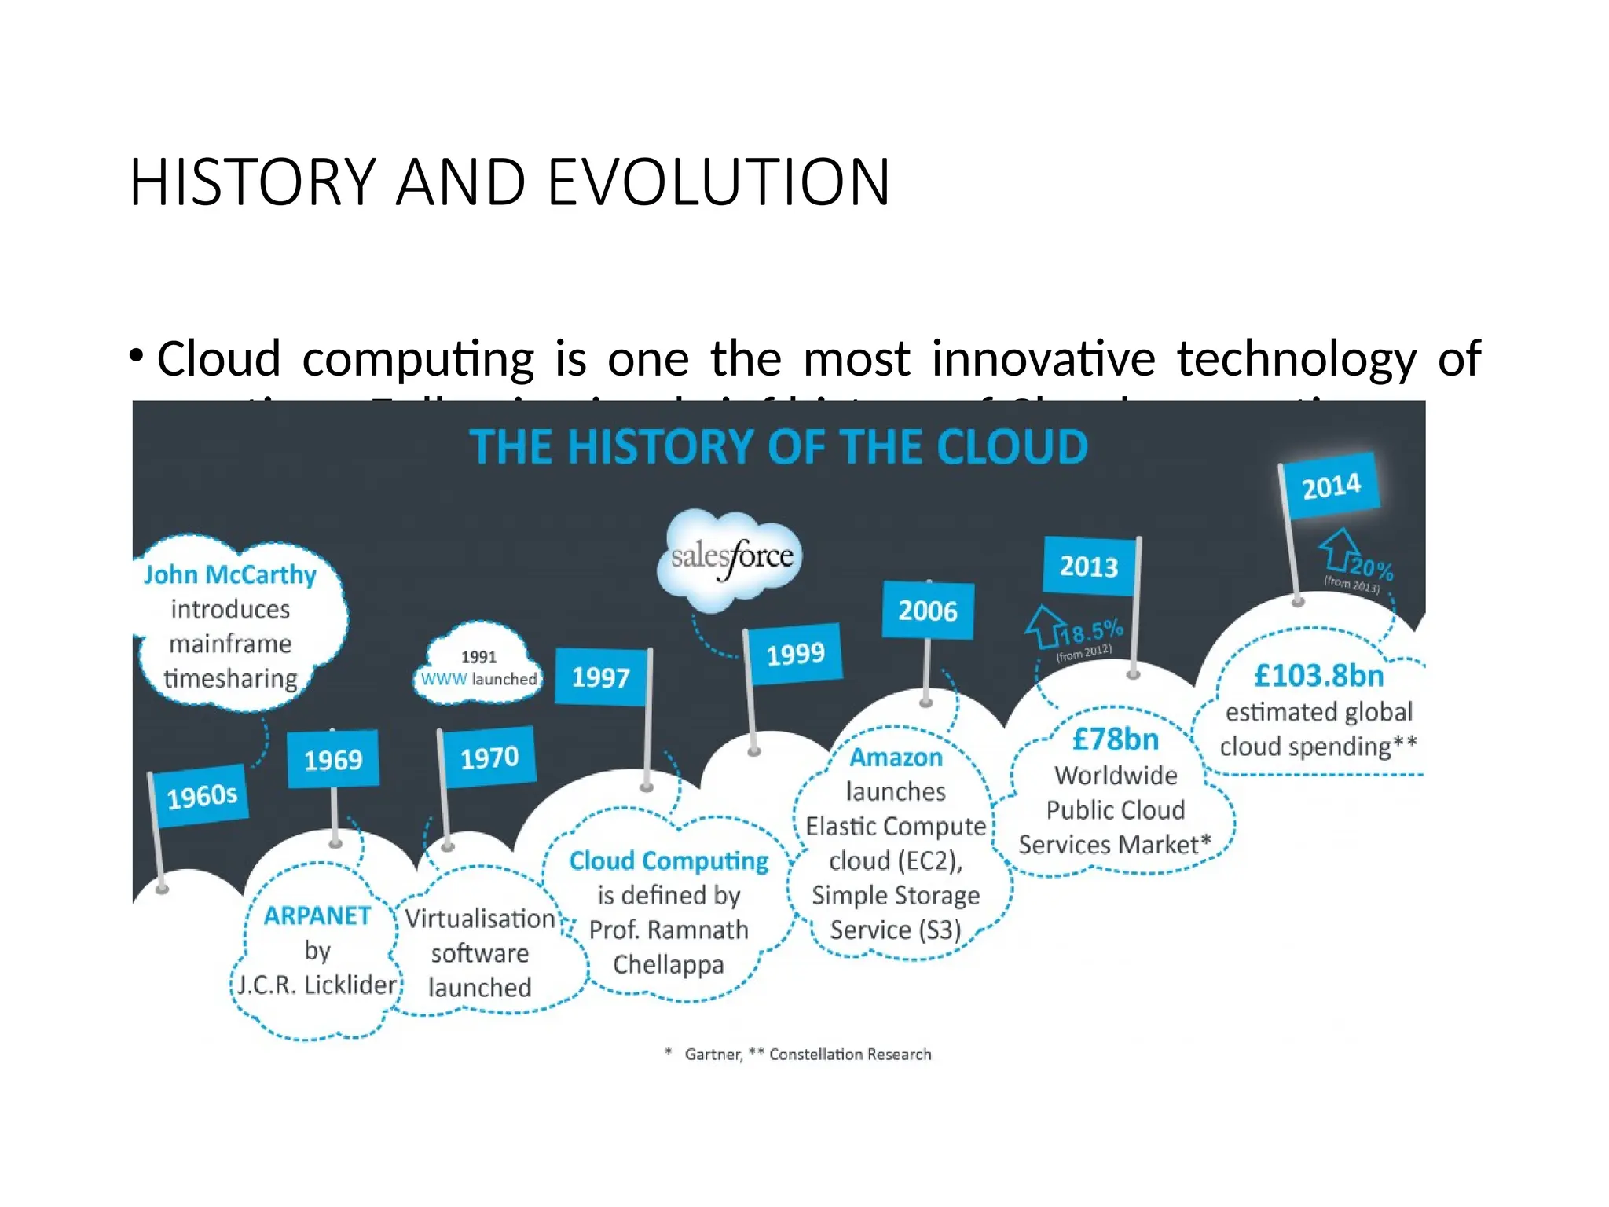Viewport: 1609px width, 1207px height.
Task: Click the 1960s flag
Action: (201, 795)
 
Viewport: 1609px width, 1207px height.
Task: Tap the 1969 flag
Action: (333, 759)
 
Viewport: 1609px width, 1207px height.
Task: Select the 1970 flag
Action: (489, 757)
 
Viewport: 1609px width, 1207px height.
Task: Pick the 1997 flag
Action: (601, 677)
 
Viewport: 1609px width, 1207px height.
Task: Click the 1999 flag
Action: (795, 653)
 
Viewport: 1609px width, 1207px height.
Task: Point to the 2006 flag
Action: (928, 611)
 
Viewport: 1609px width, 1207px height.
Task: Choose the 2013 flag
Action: (1089, 566)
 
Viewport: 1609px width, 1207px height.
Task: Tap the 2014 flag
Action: (1331, 486)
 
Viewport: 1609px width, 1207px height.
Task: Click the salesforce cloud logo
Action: (731, 557)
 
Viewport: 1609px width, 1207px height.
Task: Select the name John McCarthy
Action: (230, 574)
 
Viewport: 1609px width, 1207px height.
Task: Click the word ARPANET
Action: (317, 915)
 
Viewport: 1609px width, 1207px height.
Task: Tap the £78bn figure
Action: (1116, 739)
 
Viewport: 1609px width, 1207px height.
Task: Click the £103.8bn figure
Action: (1318, 675)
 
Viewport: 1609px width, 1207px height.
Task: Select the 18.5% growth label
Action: (1090, 631)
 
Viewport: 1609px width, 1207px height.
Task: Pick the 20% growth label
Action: (1371, 567)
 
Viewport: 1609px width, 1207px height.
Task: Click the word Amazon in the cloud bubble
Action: (896, 758)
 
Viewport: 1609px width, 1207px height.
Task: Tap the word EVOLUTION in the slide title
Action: (718, 182)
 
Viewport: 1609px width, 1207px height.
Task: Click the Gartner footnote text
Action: (713, 1055)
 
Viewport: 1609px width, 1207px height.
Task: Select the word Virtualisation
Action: (480, 918)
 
